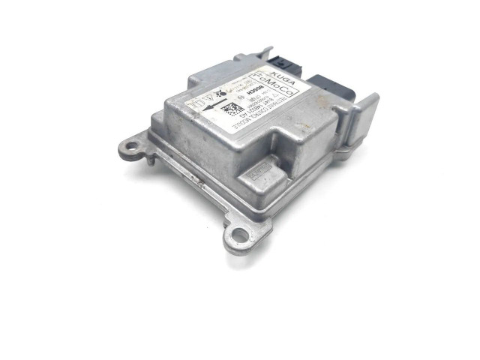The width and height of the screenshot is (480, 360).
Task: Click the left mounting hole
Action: coord(132,147)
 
